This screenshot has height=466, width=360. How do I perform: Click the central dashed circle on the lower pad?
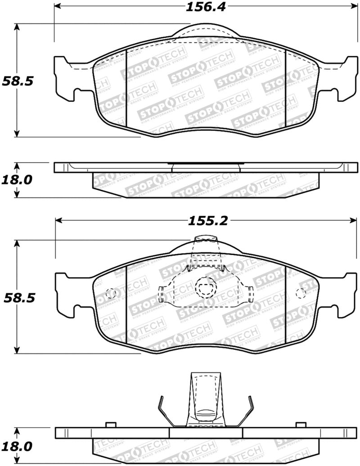point(205,287)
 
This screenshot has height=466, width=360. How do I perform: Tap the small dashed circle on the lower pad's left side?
point(110,293)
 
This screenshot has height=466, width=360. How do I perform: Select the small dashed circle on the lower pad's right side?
point(301,293)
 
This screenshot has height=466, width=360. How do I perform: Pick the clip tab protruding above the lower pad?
point(205,243)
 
